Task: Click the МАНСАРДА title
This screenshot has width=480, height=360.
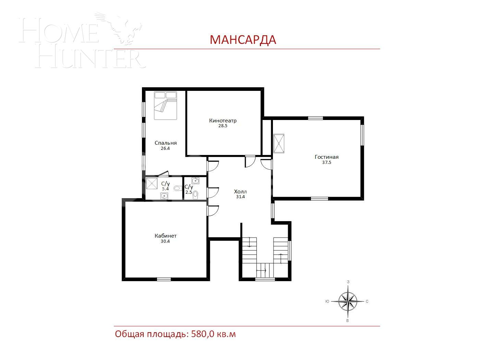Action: click(243, 40)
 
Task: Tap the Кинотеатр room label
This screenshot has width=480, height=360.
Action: click(223, 121)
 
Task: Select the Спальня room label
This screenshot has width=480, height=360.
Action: click(166, 143)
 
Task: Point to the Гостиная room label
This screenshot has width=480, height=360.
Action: click(326, 157)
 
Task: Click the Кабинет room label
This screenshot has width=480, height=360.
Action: click(166, 236)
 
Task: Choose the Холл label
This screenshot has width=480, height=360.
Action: click(240, 191)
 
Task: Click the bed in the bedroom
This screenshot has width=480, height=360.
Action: click(165, 105)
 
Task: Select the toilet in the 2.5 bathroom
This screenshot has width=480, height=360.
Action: click(195, 195)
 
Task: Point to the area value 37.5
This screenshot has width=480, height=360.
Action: click(326, 163)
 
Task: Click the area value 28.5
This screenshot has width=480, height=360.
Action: click(223, 126)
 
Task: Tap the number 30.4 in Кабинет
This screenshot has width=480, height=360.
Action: click(165, 241)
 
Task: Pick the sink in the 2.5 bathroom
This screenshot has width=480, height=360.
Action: click(195, 180)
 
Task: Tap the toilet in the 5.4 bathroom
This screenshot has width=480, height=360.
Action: click(177, 188)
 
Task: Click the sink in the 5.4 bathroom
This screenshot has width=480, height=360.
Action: click(165, 196)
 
